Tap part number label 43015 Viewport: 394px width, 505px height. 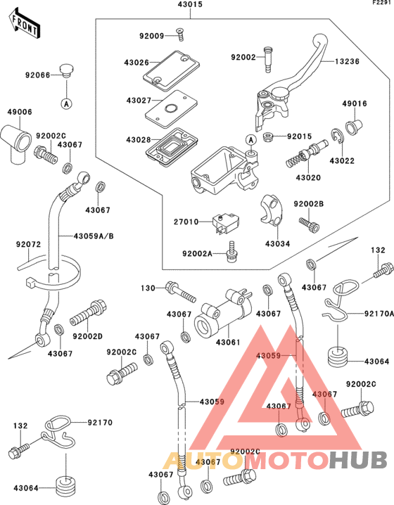click(x=190, y=4)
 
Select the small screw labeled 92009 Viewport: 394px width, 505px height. click(x=180, y=34)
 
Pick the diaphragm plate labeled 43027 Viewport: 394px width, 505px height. click(x=171, y=109)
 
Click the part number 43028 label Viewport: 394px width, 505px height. click(x=139, y=140)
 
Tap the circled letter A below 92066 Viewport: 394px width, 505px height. click(x=67, y=103)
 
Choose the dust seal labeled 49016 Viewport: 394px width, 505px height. click(x=354, y=127)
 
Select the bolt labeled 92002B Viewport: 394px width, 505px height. click(x=309, y=225)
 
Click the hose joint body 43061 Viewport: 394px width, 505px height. click(x=223, y=314)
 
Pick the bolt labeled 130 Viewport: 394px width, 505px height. click(x=180, y=291)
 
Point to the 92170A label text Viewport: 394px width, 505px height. click(x=379, y=314)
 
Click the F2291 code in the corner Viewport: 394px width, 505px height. click(x=383, y=3)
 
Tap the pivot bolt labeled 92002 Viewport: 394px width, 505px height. click(x=268, y=60)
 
